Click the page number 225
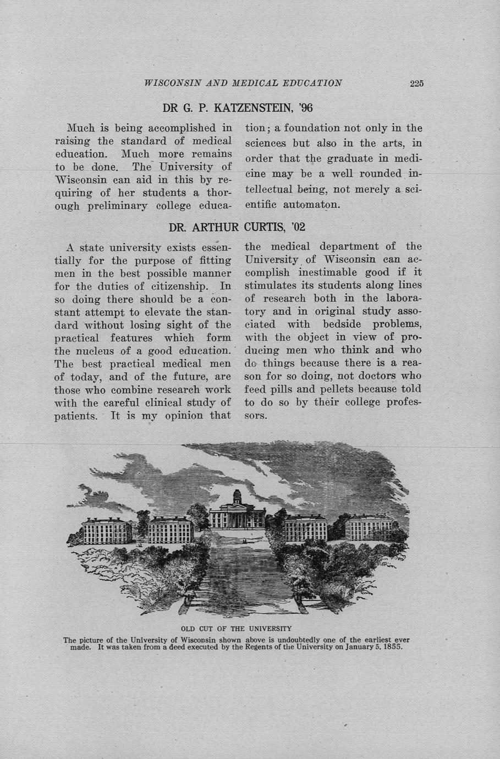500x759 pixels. [416, 84]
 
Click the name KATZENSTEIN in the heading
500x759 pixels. [252, 107]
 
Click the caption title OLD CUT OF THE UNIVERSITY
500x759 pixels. [236, 628]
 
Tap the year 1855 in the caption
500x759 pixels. [391, 647]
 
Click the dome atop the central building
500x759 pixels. [237, 496]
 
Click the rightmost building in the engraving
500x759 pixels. [369, 528]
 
